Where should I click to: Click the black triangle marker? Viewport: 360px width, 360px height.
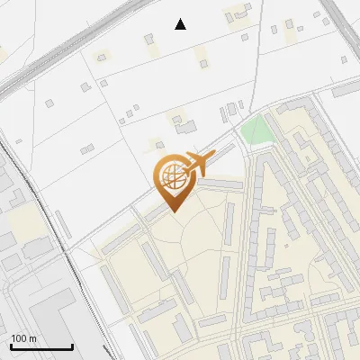coord(181,24)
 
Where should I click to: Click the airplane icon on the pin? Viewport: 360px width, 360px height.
coord(197,164)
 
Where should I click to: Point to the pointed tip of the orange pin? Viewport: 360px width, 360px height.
coord(174,211)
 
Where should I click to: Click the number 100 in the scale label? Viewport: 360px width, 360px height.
coord(18,337)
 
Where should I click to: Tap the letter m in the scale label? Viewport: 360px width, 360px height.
coord(31,337)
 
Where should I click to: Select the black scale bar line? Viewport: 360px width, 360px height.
coord(41,346)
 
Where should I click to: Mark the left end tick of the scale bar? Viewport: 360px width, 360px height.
coord(11,345)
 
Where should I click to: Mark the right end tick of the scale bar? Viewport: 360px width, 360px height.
coord(72,345)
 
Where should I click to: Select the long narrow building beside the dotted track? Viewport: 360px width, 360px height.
coord(63,226)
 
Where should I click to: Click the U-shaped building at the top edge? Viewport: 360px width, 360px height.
coord(238,13)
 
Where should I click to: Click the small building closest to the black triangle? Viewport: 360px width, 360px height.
coord(151,38)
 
